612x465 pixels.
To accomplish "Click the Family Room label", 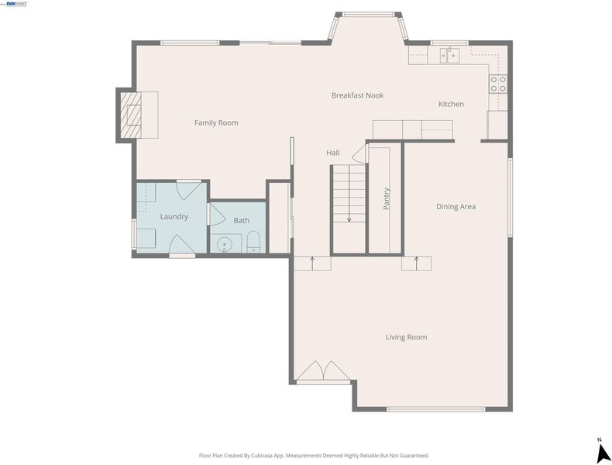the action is tap(216, 122).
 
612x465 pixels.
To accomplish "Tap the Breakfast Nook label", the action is tap(358, 95).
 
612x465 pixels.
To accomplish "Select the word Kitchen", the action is tap(451, 104).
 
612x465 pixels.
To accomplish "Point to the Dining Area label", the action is tap(456, 206).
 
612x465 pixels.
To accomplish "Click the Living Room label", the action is tap(406, 337).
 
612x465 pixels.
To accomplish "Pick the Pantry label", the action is tap(387, 198).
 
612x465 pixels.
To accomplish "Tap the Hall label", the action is tap(333, 153).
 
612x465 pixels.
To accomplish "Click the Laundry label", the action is tap(174, 217).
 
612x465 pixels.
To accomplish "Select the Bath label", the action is tap(241, 221).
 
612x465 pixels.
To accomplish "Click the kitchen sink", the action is tap(450, 56).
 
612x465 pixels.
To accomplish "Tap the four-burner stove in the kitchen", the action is tap(498, 84).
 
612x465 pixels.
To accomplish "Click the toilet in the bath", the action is tap(253, 242).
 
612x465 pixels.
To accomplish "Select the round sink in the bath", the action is tap(225, 245).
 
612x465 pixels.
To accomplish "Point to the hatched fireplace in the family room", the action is tap(130, 115).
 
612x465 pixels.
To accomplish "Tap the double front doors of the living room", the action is tap(324, 371).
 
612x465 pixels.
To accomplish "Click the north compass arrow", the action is tap(603, 453).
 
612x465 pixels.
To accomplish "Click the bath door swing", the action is tap(218, 215).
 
